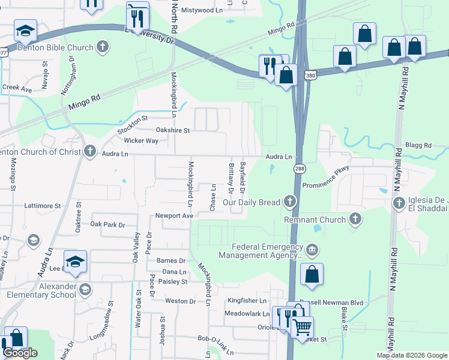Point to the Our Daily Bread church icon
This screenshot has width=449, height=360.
coord(291,202)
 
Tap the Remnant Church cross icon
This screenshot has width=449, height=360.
coord(355,220)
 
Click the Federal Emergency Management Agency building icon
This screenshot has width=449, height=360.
coord(312,250)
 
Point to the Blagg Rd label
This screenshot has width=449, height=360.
coord(418,145)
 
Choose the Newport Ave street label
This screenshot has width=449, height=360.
coord(174,215)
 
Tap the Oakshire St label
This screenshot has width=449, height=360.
coord(172,130)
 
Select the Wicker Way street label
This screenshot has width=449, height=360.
coord(140,141)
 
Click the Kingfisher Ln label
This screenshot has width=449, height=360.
coord(246,300)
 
